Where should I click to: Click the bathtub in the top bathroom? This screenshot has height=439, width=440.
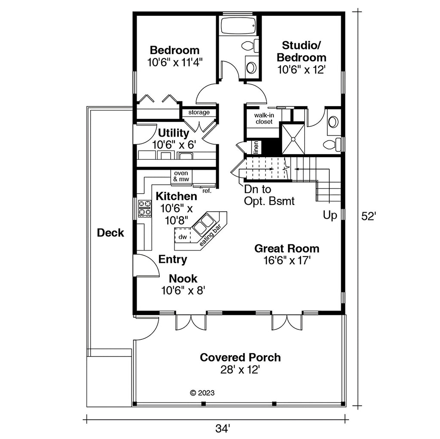click(x=238, y=25)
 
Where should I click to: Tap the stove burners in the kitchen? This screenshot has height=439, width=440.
click(x=145, y=208)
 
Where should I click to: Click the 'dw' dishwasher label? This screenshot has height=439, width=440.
click(x=183, y=237)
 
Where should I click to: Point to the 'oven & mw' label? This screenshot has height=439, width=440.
click(x=181, y=176)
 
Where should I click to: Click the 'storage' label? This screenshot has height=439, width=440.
click(x=199, y=113)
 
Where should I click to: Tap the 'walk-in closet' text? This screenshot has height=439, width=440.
click(x=264, y=119)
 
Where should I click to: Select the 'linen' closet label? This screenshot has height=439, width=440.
click(x=256, y=147)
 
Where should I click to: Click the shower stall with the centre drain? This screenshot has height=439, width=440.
click(x=293, y=139)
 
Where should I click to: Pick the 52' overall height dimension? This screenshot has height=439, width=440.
click(x=368, y=216)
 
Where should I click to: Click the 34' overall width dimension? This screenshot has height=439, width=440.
click(x=223, y=429)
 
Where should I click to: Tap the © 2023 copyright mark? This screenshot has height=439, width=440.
click(x=202, y=393)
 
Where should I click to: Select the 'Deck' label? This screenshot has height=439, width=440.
click(x=110, y=232)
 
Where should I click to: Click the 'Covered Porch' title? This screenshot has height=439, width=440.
click(x=240, y=357)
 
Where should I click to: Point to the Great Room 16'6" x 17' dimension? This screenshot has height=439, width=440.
click(x=287, y=261)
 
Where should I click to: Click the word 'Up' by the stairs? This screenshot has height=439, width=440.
click(x=330, y=215)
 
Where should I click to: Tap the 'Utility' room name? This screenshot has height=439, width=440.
click(x=174, y=133)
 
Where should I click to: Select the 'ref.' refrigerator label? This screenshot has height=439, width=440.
click(x=207, y=191)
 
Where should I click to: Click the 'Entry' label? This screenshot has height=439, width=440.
click(x=173, y=259)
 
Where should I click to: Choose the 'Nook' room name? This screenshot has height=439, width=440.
click(x=183, y=278)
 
